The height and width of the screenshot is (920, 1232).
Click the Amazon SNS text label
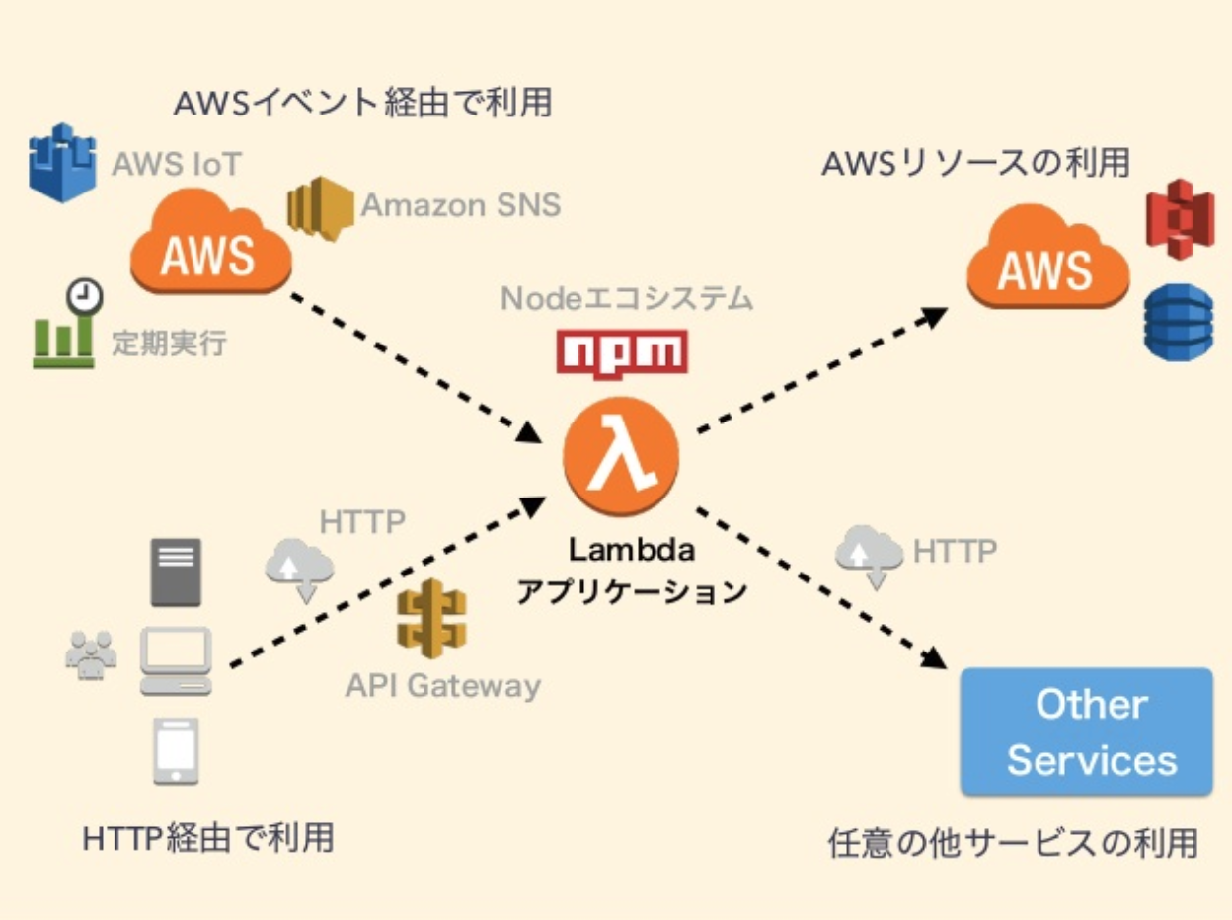pos(460,205)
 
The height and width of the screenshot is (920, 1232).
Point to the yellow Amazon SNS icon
pos(320,208)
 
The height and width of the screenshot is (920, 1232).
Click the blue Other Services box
pos(1086,731)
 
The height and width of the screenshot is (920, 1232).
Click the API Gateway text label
pos(442,686)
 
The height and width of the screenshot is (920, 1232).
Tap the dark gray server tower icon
pos(175,572)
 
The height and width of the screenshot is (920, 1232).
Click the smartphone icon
pos(176,751)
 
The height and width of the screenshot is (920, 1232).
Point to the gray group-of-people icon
pos(91,654)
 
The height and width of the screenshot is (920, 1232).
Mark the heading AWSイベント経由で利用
pos(362,103)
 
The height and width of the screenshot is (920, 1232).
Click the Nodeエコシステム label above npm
pos(627,298)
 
